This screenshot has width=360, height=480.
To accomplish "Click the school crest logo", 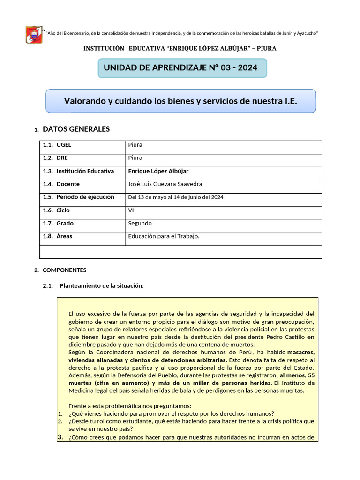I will pos(34,35).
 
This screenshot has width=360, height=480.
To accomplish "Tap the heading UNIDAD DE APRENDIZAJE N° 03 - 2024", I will pos(180,67).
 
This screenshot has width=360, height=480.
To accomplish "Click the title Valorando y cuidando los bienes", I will pos(180,101).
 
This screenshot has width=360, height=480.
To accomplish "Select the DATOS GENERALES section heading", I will pos(76,129).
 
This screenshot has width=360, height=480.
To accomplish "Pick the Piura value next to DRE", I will pos(135,158).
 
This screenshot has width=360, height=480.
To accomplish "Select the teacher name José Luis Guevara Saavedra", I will pos(165,184).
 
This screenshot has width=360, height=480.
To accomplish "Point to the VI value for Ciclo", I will pos(131,210).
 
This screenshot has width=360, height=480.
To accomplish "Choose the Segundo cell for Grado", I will pos(140,224).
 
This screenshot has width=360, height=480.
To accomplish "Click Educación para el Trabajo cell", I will pos(164,236).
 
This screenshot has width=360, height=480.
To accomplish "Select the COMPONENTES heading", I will pos(65,270).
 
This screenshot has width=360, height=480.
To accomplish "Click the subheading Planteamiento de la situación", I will pos(98,285).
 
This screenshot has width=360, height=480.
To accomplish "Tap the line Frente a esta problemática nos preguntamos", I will pos(130,406).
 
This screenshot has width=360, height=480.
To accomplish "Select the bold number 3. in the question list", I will pos(60,437).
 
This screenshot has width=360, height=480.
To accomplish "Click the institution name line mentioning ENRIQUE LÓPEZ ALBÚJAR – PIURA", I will pos(180,48).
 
